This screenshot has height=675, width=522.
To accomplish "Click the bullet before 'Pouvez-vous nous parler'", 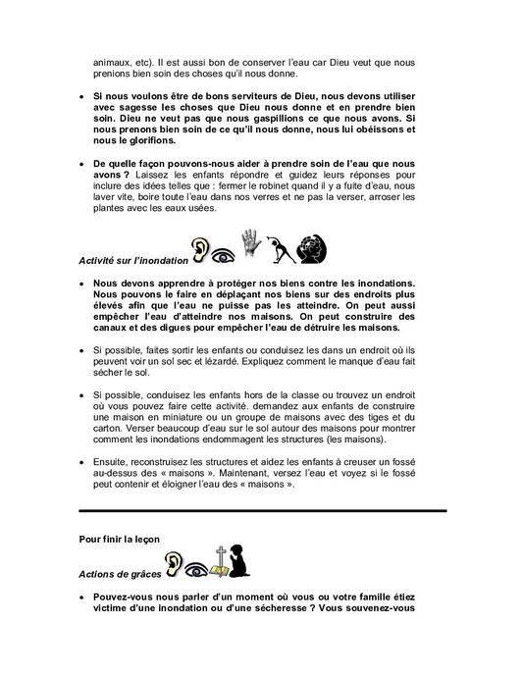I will (83, 597).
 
